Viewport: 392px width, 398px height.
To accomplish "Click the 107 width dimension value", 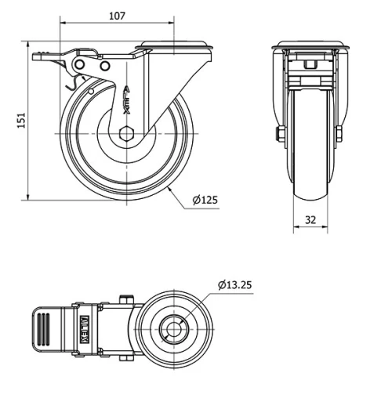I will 117,15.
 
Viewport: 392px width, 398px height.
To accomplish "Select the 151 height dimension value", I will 22,119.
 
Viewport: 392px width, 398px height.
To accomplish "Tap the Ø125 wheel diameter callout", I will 206,200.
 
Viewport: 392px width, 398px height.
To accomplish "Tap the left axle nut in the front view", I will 279,134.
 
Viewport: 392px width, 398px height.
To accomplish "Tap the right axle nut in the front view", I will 339,134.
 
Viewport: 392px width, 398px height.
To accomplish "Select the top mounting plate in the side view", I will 174,45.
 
